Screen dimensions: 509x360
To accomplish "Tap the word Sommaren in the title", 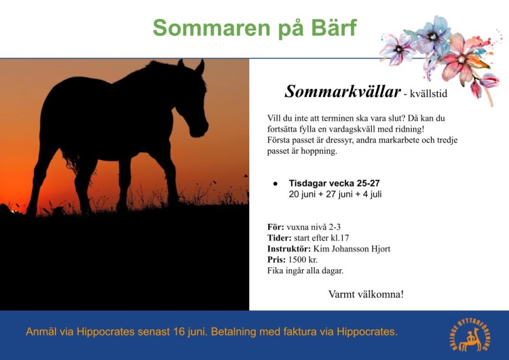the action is click(211, 28).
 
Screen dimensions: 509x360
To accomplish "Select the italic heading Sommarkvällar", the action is click(342, 91).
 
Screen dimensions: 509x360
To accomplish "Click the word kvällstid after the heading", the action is click(429, 94).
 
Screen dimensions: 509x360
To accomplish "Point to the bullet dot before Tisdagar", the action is click(275, 183).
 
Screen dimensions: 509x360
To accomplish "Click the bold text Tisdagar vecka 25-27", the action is click(334, 183).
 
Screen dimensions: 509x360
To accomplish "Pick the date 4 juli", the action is click(372, 194).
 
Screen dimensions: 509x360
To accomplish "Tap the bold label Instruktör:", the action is click(289, 249).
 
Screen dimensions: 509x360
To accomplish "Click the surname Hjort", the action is click(380, 249).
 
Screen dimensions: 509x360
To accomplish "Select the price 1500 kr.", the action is click(303, 260).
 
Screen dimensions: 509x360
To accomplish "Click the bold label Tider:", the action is click(279, 238).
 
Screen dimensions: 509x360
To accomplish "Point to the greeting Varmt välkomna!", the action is click(366, 294).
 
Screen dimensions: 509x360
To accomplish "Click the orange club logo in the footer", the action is click(471, 335).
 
